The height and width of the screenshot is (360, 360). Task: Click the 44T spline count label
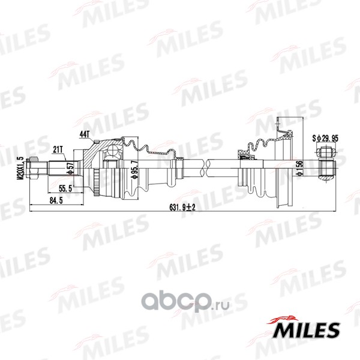[85, 134]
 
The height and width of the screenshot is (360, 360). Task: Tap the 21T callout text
[58, 149]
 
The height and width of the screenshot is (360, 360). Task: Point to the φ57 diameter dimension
[70, 168]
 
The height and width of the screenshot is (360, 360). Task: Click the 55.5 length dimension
[65, 188]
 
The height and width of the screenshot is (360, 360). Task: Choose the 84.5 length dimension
[56, 200]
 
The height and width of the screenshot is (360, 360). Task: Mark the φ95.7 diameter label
[135, 170]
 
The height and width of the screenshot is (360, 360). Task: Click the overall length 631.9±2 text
[182, 208]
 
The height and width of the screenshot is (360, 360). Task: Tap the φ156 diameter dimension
[299, 168]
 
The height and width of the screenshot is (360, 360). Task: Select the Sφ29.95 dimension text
[325, 138]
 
